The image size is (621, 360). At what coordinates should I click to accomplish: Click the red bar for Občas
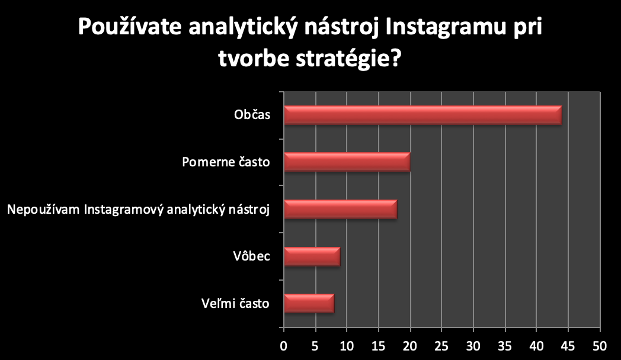(x=423, y=115)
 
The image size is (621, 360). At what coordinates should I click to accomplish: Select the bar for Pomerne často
(x=347, y=162)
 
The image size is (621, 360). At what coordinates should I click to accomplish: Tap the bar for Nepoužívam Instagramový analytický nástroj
(x=341, y=209)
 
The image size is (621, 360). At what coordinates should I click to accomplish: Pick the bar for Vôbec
(x=312, y=256)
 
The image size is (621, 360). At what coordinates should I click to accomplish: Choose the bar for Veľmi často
(x=309, y=303)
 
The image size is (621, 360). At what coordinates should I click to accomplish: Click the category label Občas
(x=252, y=115)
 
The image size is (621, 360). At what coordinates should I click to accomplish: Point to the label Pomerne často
(x=226, y=162)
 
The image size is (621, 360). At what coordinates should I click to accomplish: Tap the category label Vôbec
(x=251, y=256)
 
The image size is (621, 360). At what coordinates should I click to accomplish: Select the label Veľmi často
(x=235, y=303)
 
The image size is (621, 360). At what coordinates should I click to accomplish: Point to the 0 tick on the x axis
(x=284, y=346)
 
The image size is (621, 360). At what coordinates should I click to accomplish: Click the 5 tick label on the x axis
(x=315, y=346)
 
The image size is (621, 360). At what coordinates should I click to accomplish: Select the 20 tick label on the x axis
(x=410, y=346)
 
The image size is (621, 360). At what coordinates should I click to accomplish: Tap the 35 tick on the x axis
(x=505, y=346)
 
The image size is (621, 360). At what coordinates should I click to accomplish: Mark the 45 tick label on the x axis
(x=568, y=346)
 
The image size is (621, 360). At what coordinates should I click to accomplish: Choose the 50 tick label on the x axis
(x=600, y=346)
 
